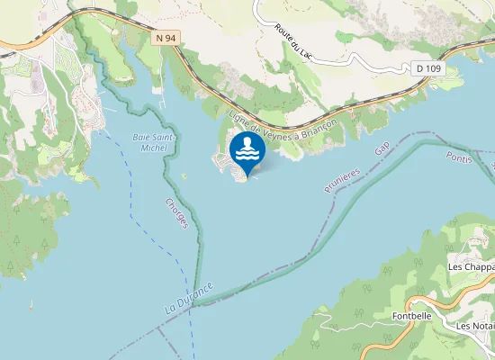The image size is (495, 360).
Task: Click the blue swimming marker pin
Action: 247,152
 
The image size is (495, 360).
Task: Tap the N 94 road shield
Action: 166,38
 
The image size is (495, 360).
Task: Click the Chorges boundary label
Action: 176,213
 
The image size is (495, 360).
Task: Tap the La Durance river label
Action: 189,298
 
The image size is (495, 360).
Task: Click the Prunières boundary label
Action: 342,180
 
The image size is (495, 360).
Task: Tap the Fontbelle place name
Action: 413,317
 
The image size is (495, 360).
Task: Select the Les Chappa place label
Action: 471,267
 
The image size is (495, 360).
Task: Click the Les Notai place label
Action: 475,326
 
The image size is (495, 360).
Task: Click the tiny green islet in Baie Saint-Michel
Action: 184,175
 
